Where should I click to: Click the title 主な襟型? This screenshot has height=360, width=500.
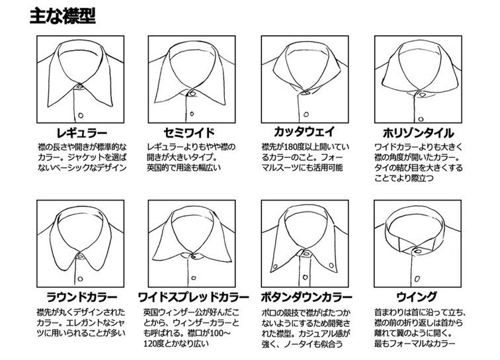point(62,16)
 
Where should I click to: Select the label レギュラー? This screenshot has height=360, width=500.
point(81,132)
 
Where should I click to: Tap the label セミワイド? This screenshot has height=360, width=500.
point(189,132)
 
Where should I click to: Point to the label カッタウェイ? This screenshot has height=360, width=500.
point(304,132)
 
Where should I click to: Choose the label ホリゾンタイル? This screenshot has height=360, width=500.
point(418,132)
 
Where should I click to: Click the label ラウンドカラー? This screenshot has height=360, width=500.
point(81,297)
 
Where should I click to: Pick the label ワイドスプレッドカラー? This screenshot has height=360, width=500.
point(193,297)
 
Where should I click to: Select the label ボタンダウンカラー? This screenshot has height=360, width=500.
point(307,297)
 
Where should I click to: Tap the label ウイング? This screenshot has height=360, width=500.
point(417,297)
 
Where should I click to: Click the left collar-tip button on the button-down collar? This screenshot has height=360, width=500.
point(274,266)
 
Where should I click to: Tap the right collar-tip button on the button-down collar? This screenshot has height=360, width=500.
point(331,265)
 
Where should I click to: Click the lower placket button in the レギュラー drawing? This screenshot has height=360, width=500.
point(81,115)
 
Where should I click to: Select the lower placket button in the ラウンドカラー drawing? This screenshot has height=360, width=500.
point(80,279)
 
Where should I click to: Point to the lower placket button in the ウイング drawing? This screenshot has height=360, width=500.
point(417,279)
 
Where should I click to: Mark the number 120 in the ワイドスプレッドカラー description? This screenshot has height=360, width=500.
point(150,343)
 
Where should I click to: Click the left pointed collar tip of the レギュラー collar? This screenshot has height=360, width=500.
point(48,107)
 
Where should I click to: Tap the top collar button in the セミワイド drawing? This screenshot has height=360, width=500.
point(192,94)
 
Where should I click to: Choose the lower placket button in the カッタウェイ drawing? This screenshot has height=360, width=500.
point(306,114)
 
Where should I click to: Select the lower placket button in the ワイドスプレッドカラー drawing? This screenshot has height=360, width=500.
point(194,278)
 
